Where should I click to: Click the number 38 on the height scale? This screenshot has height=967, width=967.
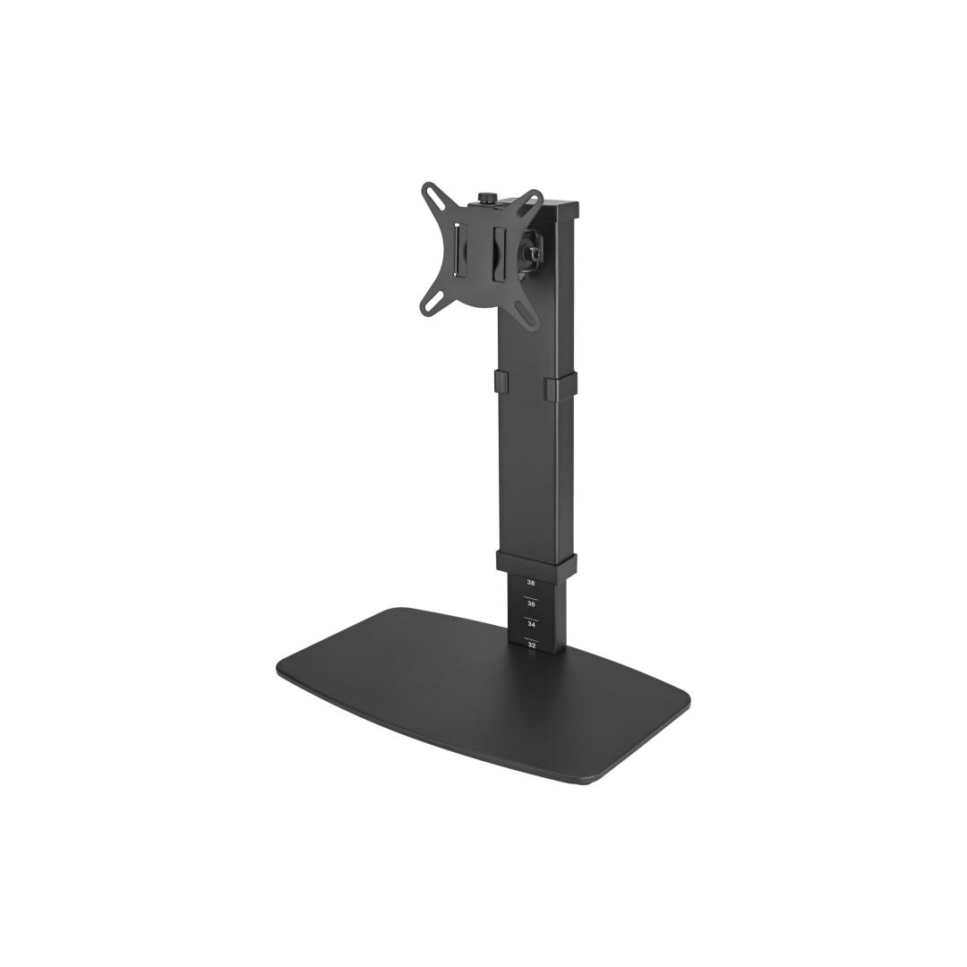[531, 582]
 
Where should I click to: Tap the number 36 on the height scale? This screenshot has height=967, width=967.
[531, 603]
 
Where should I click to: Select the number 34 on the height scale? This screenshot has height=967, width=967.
[531, 625]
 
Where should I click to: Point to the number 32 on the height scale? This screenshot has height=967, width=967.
[531, 645]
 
